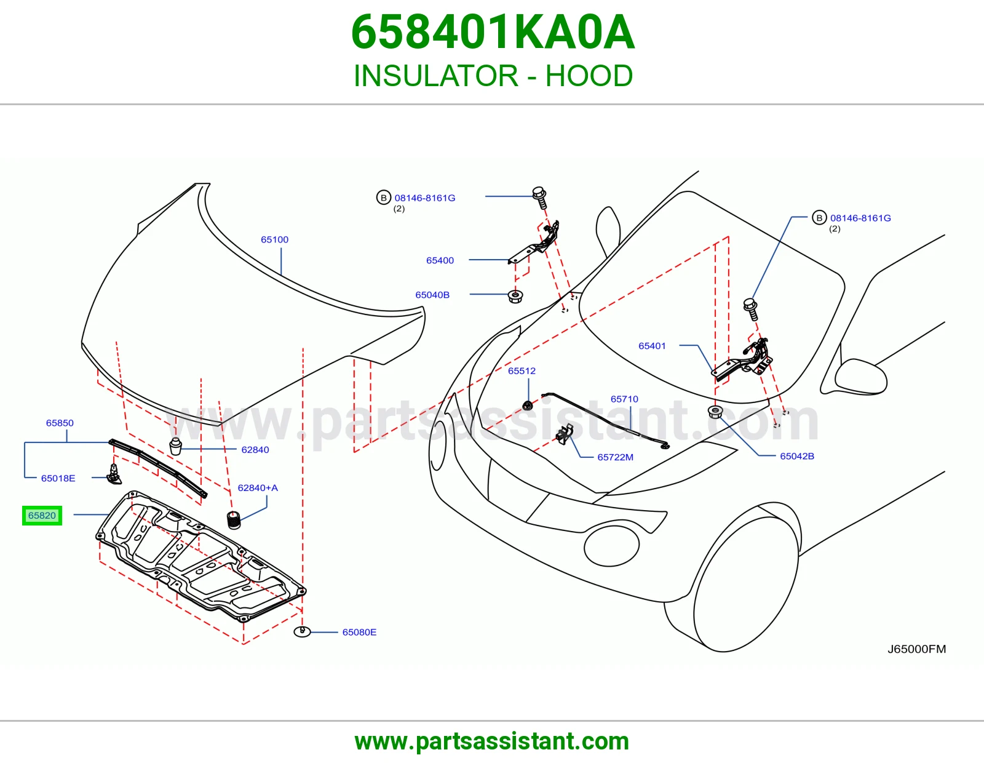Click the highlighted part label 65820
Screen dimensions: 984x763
[x=42, y=515]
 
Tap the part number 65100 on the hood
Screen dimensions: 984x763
[x=274, y=239]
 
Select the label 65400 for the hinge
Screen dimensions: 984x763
[x=440, y=260]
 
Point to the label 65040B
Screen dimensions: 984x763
[x=432, y=295]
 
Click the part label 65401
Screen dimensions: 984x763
[x=652, y=346]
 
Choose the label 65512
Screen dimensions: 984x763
[x=522, y=370]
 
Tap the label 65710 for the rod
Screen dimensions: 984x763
[x=624, y=399]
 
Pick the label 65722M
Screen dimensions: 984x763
[x=616, y=457]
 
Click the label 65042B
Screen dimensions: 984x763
[x=797, y=456]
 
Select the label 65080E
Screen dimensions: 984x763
[x=359, y=632]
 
